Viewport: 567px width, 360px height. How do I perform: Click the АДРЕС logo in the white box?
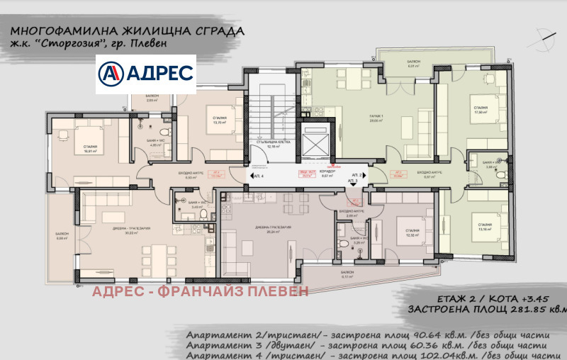(x=145, y=73)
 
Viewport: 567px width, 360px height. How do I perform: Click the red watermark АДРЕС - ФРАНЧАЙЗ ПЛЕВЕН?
(x=201, y=291)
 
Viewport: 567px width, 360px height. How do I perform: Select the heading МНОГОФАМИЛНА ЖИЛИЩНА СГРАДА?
(x=130, y=32)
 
